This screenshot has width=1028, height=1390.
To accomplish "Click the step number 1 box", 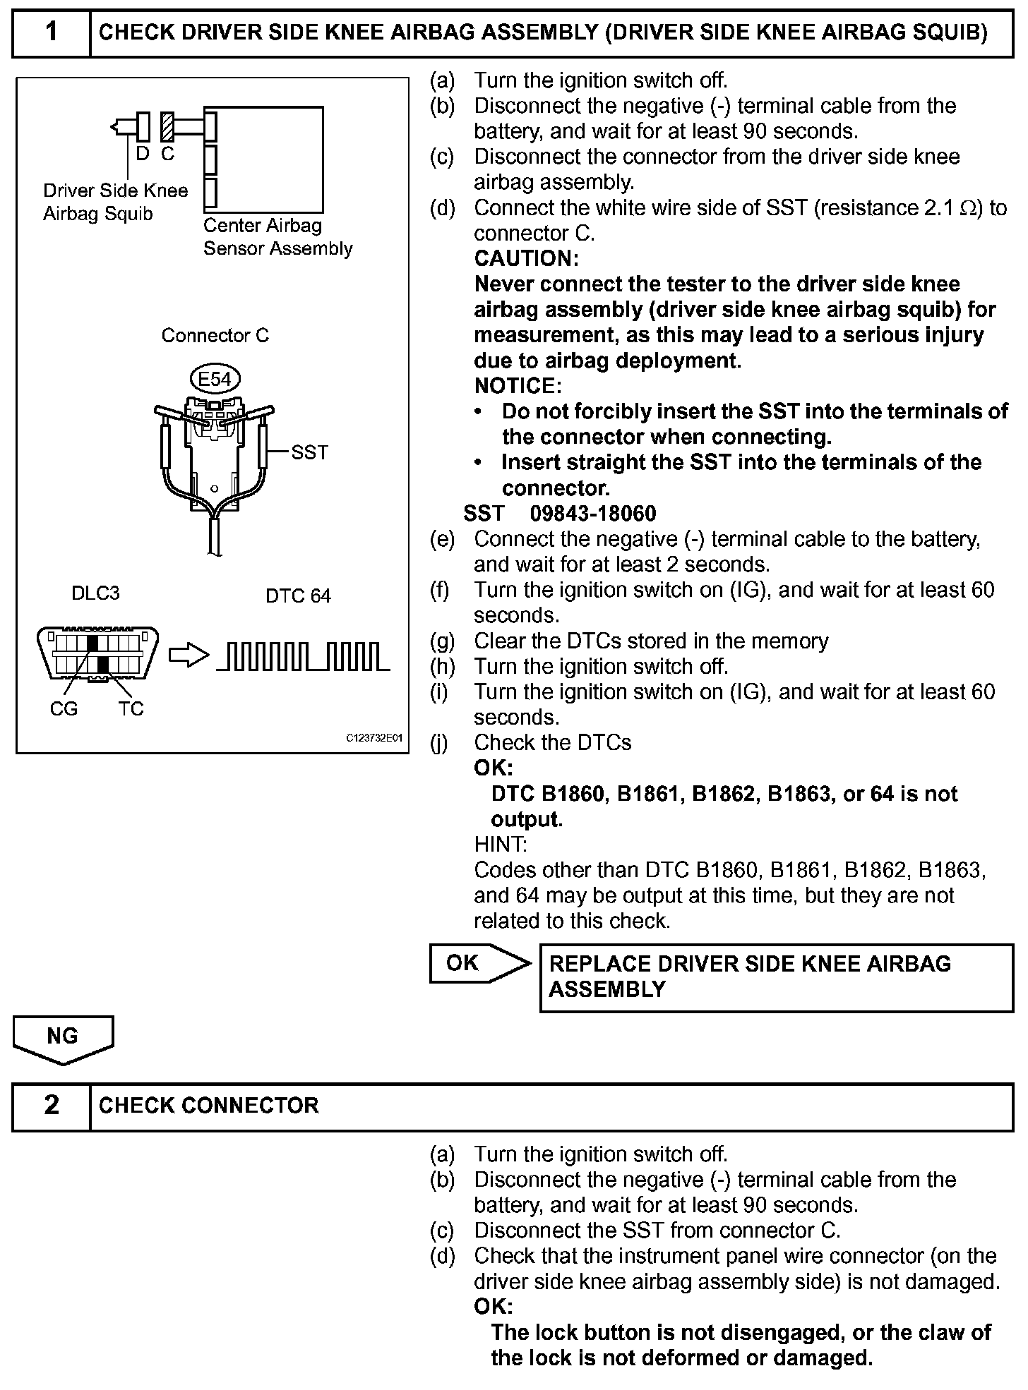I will click(x=52, y=32).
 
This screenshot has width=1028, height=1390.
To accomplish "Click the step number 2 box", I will click(x=52, y=1105).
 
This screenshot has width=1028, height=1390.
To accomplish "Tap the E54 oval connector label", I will click(x=215, y=379).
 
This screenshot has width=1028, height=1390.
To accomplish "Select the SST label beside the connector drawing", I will click(x=309, y=452).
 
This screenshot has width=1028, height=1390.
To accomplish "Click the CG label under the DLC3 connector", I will click(x=64, y=708).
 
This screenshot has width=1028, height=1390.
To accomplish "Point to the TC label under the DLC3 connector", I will click(x=131, y=708).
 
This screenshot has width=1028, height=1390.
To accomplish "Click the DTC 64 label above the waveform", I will click(x=298, y=596).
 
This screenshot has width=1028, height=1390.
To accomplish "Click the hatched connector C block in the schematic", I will click(x=167, y=127).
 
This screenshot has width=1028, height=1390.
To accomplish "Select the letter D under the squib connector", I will click(x=143, y=153).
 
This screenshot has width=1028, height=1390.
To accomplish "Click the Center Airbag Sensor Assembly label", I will click(x=277, y=237).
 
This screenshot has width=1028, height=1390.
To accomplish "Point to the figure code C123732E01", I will click(x=373, y=738).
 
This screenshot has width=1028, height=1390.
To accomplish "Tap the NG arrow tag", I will click(x=63, y=1038).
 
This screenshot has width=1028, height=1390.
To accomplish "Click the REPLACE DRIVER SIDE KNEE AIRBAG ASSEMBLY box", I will click(x=776, y=977).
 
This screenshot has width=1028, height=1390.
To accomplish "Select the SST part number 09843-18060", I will click(x=593, y=514).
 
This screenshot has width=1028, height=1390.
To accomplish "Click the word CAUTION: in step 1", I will click(x=526, y=259).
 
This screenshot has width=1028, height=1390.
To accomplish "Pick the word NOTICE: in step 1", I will click(x=518, y=386).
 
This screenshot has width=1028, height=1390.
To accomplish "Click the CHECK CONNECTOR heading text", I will click(x=209, y=1105).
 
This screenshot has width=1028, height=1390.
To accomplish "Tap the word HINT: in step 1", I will click(x=500, y=845).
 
